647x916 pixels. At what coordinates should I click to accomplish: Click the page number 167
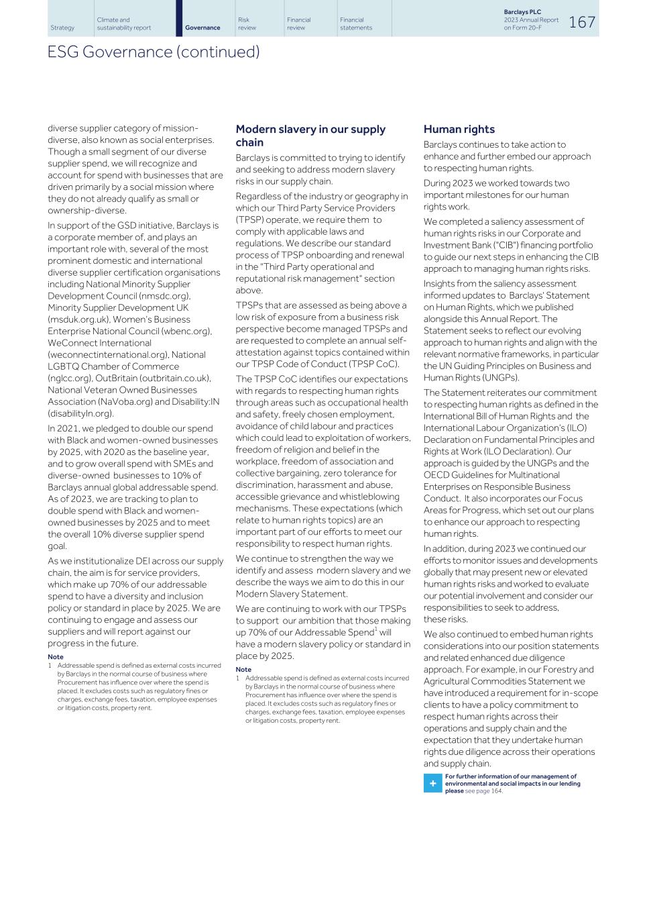coord(581,22)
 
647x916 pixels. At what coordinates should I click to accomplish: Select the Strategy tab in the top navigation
coord(62,28)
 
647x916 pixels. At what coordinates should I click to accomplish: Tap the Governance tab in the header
coord(202,28)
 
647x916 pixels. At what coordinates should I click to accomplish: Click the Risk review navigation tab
coord(247,23)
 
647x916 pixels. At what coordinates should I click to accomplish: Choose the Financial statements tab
coord(355,23)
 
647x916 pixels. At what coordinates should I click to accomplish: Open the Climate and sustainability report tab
coord(124,23)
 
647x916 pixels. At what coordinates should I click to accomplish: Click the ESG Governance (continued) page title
coord(154,52)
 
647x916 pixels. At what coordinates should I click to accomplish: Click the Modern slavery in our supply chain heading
coord(310,136)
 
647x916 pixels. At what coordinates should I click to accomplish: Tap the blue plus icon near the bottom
coord(432,783)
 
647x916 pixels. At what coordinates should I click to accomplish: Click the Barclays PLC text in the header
coord(522,12)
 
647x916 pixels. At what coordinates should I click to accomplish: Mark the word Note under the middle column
coord(243,669)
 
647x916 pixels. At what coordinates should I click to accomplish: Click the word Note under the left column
coord(56,657)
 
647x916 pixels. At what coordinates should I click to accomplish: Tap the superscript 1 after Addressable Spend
coord(375,630)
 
